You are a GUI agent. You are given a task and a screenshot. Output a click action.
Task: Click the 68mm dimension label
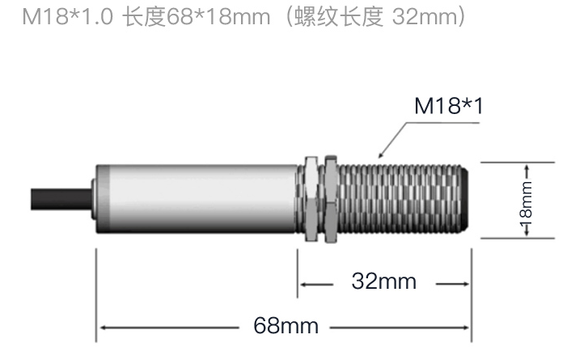286,325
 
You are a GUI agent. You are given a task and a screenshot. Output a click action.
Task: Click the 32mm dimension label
383,282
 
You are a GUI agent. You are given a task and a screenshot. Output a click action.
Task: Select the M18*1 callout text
449,106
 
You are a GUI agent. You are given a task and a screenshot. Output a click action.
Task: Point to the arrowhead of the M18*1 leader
380,156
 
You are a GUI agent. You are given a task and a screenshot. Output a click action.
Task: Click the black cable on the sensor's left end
61,200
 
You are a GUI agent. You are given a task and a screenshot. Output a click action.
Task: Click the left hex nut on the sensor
311,199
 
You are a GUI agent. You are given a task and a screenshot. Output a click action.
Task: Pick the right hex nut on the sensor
330,199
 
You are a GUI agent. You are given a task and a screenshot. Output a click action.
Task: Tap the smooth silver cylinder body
197,199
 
